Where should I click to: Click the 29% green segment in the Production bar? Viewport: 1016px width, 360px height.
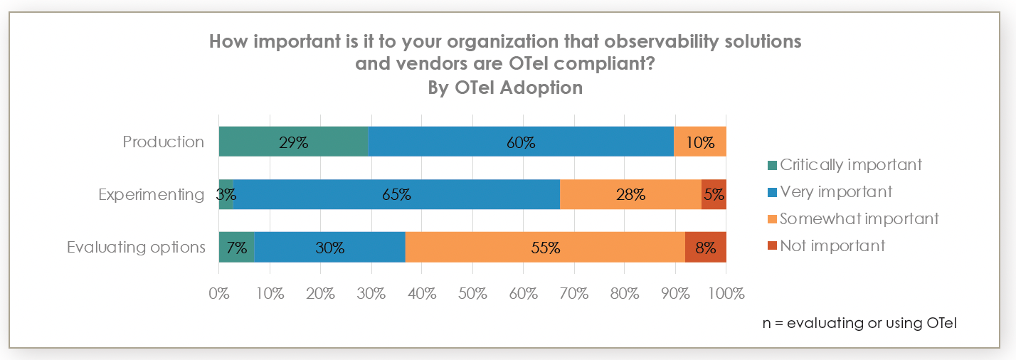coord(293,142)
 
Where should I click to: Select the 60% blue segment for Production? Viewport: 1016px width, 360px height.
coord(521,142)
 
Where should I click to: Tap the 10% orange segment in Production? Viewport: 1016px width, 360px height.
coord(700,142)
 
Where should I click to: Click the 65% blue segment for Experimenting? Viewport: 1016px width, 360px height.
coord(396,194)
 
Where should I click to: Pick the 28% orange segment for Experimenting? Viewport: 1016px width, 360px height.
coord(630,194)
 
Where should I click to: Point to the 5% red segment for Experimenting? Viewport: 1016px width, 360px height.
coord(714,194)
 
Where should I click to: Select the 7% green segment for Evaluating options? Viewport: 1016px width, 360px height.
coord(236,248)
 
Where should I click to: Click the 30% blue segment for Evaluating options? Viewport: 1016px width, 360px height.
coord(329,248)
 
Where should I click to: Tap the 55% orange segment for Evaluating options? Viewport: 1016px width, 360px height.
coord(545,248)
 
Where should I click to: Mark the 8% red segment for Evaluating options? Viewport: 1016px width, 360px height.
coord(705,248)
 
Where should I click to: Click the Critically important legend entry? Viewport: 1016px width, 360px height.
coord(844,165)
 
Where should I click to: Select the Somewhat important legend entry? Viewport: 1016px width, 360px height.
coord(852,219)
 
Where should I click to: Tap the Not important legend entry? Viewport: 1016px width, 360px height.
coord(825,246)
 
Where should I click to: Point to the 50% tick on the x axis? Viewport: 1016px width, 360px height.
coord(472,293)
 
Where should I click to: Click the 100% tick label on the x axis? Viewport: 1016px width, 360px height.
coord(725,293)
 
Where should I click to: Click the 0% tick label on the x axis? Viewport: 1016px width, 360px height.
coord(219,293)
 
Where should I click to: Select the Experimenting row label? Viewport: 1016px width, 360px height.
coord(152,194)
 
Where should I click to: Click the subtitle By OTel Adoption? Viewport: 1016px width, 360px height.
coord(505,88)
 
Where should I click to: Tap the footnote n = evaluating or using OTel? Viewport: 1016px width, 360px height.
coord(859,323)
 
